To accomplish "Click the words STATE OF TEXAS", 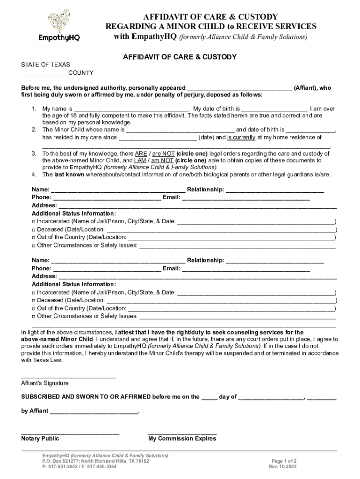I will click(x=45, y=65).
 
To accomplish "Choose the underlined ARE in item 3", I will click(x=141, y=153).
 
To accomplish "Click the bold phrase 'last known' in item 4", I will click(x=69, y=174).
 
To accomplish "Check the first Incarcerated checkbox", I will click(x=34, y=221).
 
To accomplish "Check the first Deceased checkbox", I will click(x=34, y=230).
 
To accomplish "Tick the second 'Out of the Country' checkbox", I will click(x=34, y=309).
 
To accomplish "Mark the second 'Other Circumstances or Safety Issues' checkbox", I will click(x=34, y=316).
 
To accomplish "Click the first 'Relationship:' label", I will click(x=205, y=189).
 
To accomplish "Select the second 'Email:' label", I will click(x=171, y=269).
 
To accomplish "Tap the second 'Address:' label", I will click(x=44, y=276).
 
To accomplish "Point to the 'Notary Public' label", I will click(x=40, y=439).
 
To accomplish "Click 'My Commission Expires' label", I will click(x=182, y=439).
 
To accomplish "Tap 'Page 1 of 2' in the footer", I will click(x=284, y=461).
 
